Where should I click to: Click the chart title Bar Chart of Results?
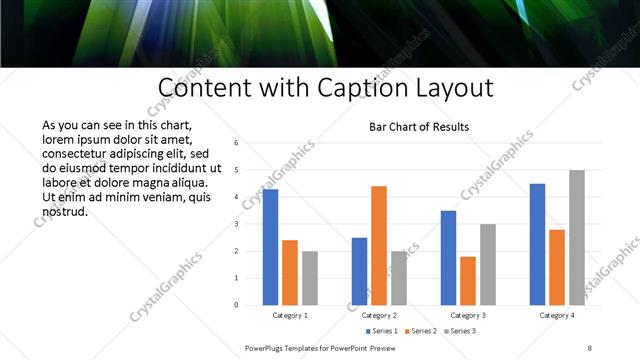[x=419, y=127]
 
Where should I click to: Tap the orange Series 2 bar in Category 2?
[x=379, y=245]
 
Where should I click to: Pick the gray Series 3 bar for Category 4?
[x=577, y=237]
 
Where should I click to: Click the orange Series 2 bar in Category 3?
[x=468, y=280]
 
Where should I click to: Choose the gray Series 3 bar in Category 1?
[x=310, y=277]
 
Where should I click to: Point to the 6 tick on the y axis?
[x=236, y=143]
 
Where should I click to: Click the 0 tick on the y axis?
[x=236, y=304]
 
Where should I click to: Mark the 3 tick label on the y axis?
[x=236, y=224]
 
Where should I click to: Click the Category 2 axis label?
[x=379, y=315]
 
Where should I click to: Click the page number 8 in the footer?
[x=590, y=346]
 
